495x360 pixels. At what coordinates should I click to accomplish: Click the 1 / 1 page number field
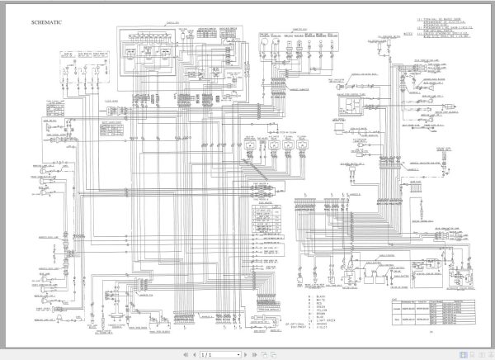[210, 354]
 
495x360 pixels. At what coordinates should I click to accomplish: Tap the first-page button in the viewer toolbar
[183, 354]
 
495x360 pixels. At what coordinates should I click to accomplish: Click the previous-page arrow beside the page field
[193, 354]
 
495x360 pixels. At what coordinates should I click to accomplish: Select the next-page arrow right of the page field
[226, 354]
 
